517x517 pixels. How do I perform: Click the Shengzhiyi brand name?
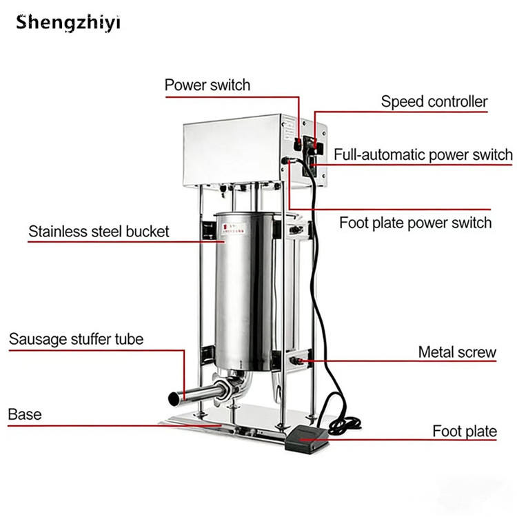point(68,22)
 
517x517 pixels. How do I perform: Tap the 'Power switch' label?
point(207,85)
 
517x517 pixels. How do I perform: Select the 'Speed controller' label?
point(434,102)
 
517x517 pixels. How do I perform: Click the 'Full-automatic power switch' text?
point(423,154)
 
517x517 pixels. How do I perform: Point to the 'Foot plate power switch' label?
point(415,223)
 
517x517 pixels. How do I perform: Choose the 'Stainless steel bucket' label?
point(99,231)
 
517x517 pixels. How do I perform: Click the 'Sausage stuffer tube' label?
point(76,339)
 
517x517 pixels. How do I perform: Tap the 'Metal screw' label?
point(457,352)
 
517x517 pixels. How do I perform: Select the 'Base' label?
point(25,414)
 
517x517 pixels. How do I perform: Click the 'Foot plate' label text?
point(465,432)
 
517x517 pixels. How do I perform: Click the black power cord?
point(325,276)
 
